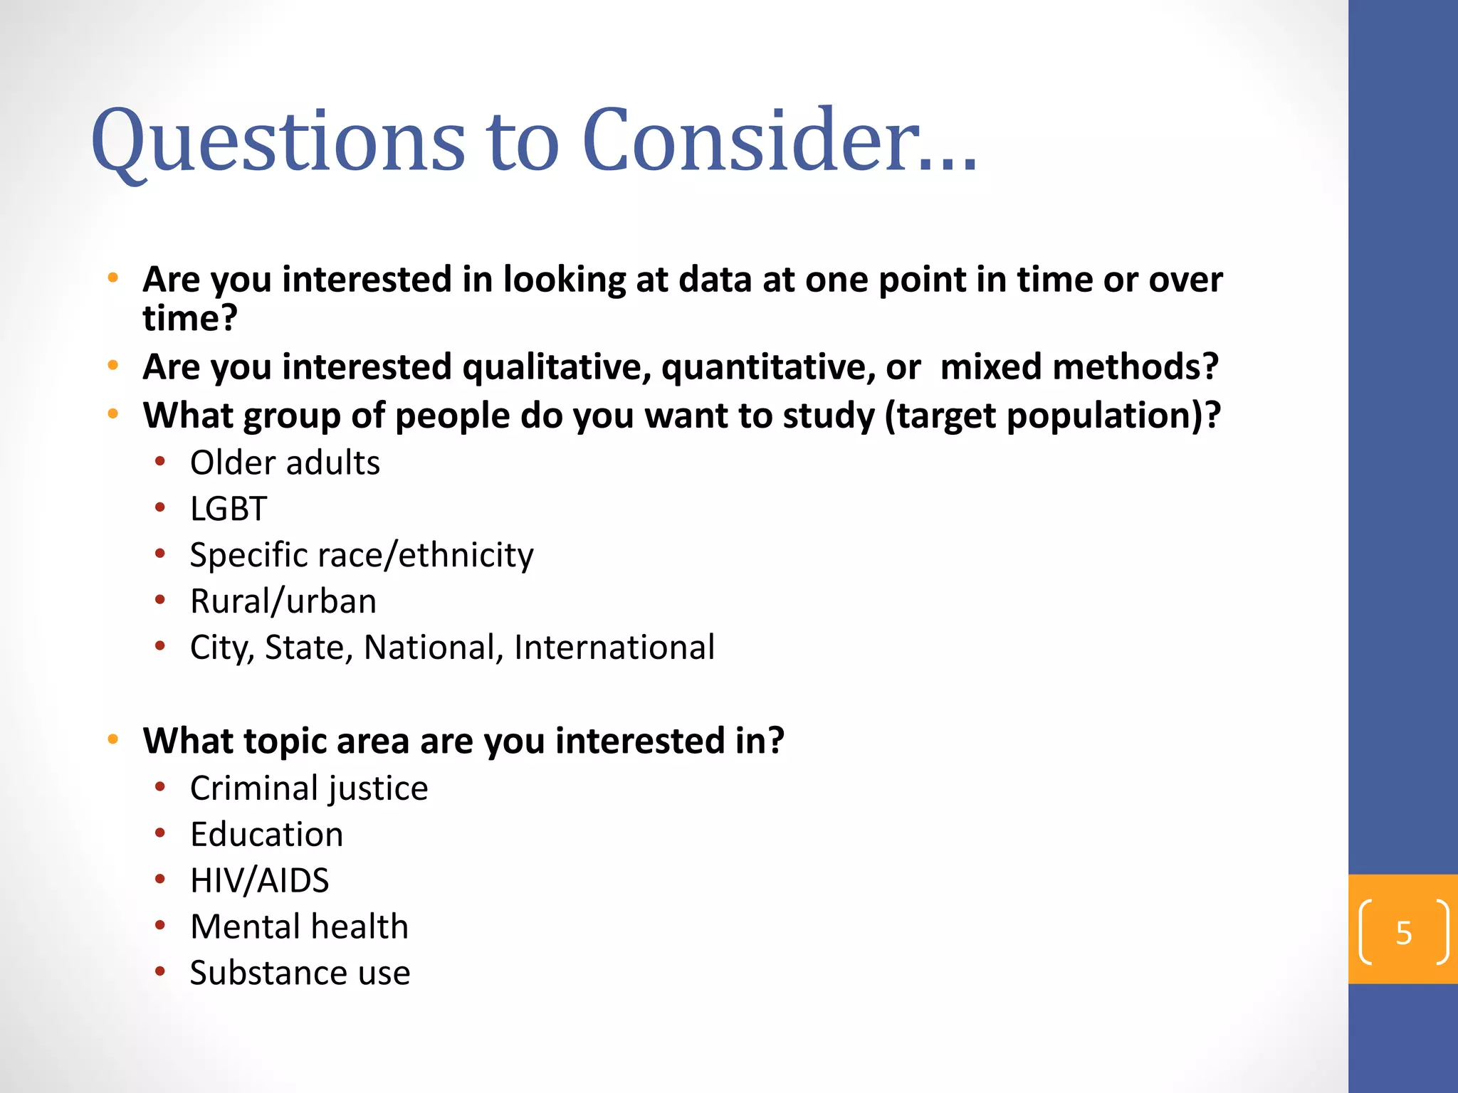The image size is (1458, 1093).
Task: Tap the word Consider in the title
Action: coord(748,141)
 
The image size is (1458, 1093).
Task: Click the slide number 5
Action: coord(1403,932)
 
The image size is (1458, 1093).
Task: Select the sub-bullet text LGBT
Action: coord(228,509)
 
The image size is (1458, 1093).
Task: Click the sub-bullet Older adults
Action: coord(285,463)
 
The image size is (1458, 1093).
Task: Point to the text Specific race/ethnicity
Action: coord(362,555)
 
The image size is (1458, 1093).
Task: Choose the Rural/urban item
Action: coord(283,601)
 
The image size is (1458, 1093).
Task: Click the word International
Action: coord(614,648)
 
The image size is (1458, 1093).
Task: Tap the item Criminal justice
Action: coord(309,788)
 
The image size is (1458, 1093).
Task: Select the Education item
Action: coord(266,834)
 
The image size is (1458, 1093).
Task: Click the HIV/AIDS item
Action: coord(259,880)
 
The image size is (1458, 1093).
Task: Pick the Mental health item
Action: coord(299,926)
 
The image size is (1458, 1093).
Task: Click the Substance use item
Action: coord(300,973)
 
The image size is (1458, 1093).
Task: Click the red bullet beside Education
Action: coord(160,833)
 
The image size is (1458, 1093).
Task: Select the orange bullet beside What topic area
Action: coord(112,739)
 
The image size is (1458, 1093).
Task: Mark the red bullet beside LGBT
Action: coord(160,507)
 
